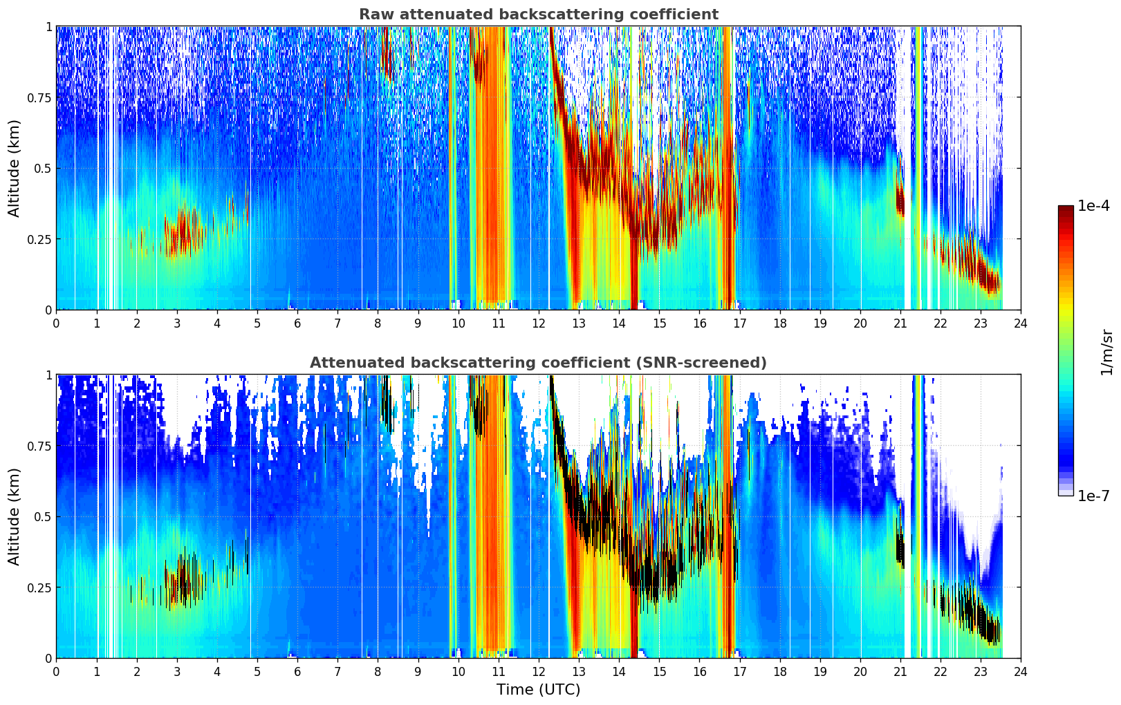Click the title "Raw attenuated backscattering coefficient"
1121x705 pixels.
539,15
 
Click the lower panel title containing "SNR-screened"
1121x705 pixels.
539,362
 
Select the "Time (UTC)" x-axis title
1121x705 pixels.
539,690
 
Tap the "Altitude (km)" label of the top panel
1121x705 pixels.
14,168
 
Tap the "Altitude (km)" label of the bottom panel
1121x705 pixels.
14,516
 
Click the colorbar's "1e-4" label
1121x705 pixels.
1093,205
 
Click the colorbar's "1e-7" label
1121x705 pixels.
1093,496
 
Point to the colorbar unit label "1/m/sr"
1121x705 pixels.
1106,352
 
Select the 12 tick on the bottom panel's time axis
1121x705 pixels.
539,672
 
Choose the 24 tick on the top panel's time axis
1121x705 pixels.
1021,323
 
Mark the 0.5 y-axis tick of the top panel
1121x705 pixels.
42,169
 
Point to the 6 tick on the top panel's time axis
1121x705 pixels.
297,323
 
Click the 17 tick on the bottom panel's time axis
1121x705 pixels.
740,672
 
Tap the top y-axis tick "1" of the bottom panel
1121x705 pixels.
48,375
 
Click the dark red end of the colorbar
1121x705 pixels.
1066,208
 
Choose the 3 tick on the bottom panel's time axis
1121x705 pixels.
176,672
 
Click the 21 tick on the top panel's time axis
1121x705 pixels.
900,323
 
